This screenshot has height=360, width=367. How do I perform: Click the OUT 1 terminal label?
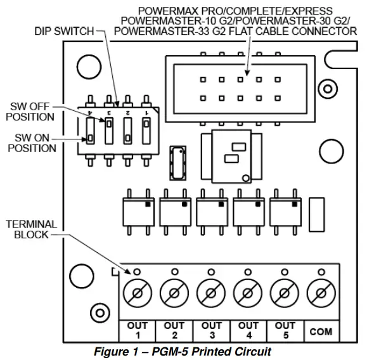coord(137,330)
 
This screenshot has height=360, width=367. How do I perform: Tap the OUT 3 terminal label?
coord(212,330)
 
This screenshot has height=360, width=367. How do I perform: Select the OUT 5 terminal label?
coord(285,330)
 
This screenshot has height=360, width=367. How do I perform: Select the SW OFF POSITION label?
coord(32,112)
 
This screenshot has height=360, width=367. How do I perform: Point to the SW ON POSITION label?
coord(32,143)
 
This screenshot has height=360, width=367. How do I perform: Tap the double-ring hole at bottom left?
coord(98,312)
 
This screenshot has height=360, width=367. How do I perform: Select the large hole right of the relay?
coord(330,151)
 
